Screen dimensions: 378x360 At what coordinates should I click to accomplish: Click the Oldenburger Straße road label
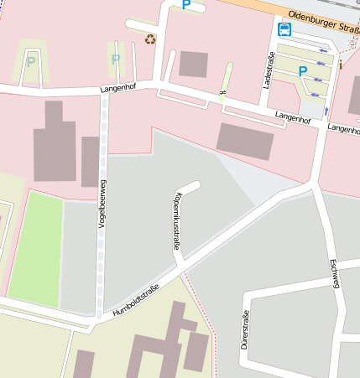pos(323,16)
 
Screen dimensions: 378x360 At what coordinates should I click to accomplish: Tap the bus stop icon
pos(284,30)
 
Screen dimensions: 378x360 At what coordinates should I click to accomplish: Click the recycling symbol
pos(150,39)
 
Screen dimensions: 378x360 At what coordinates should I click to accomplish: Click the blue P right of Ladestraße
pos(302,72)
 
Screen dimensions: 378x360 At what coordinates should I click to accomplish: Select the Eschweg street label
pos(334,273)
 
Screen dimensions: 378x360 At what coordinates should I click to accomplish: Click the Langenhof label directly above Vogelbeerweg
pos(117,86)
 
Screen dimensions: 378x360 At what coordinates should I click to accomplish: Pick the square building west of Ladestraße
pos(193,65)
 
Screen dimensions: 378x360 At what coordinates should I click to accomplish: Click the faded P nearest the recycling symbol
pos(115,60)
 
